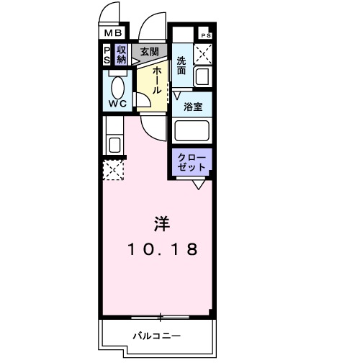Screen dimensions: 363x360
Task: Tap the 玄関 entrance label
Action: coord(150,52)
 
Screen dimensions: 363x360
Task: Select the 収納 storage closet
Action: coord(122,55)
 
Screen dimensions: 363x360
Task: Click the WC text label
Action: coord(117,104)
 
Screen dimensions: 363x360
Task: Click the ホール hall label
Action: coord(154,81)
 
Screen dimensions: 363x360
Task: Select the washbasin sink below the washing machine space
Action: coord(202,74)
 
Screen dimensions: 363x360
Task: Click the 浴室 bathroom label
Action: coord(192,107)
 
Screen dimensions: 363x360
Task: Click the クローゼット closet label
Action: coord(192,161)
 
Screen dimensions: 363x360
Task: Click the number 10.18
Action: coord(162,249)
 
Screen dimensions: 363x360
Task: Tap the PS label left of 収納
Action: coord(107,55)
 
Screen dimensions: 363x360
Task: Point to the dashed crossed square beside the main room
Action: coord(113,169)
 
